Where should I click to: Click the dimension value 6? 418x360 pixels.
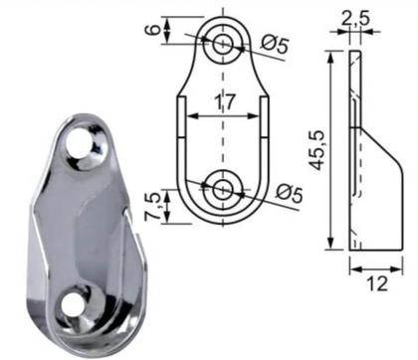(150, 31)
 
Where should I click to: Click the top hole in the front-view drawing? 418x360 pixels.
(221, 42)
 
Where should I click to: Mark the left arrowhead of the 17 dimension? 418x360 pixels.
(184, 115)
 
